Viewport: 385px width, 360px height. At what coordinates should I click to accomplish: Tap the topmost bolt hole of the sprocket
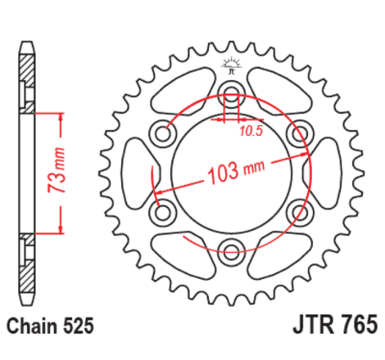pos(229,91)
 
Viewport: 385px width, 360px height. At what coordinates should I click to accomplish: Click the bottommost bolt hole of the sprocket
pos(229,250)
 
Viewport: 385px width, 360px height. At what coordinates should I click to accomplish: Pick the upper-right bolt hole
pos(298,130)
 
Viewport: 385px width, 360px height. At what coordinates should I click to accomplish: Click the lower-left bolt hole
pos(161,210)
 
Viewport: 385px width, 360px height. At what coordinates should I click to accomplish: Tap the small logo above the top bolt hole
pos(230,65)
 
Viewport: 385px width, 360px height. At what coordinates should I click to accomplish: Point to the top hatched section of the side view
pos(27,74)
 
